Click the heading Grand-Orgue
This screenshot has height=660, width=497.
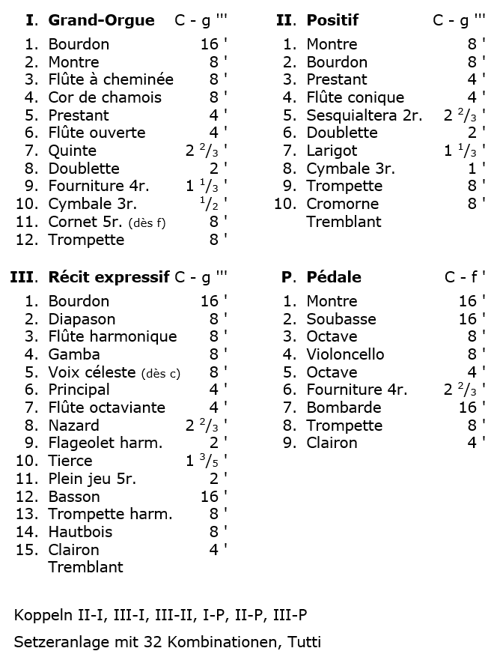tap(101, 20)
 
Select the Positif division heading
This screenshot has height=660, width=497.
tap(332, 20)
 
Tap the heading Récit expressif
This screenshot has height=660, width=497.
tap(109, 277)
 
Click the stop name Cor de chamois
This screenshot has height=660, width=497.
tap(105, 97)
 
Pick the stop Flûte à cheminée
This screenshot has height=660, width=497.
tap(111, 79)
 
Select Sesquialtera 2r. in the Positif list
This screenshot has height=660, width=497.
tap(365, 115)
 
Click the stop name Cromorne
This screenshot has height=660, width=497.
tap(343, 204)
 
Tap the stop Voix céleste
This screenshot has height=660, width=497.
tap(92, 372)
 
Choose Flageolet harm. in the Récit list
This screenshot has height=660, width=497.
tap(106, 443)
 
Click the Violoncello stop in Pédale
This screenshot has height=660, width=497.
tap(345, 354)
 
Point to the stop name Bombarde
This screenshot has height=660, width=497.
tap(344, 408)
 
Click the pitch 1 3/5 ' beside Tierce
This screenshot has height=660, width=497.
tap(206, 461)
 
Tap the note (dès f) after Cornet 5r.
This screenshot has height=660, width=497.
tap(147, 222)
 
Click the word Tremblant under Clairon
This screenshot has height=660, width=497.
tap(85, 567)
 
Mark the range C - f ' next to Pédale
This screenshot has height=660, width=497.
tap(464, 277)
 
